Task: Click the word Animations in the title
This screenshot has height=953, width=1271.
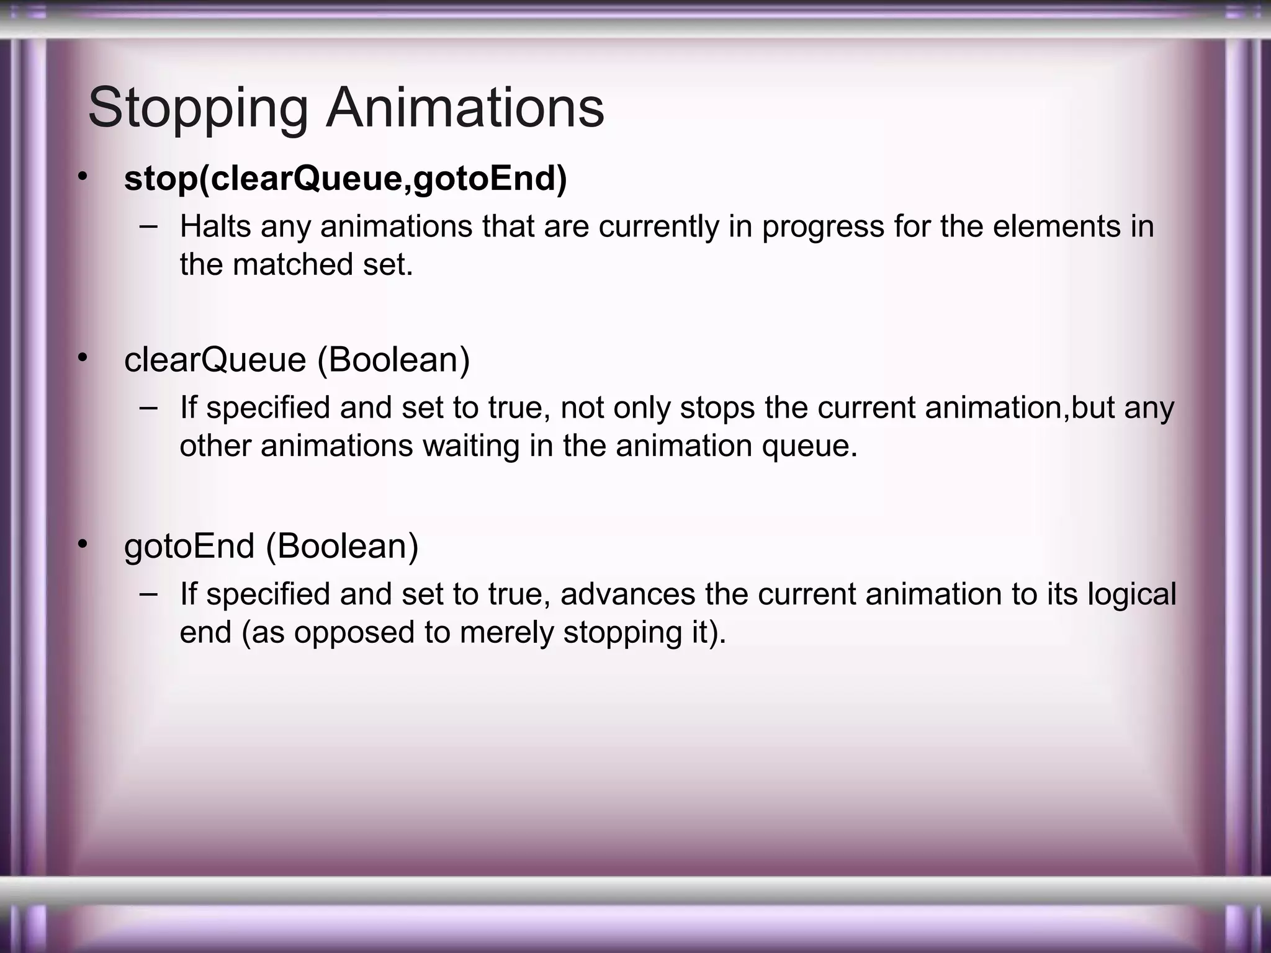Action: pos(465,108)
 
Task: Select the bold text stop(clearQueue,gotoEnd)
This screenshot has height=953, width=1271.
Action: pos(345,179)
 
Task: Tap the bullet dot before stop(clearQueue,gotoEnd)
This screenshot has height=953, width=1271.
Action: pos(83,177)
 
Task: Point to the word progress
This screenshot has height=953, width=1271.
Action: pos(823,226)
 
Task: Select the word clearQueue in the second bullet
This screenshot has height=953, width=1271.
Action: pos(215,360)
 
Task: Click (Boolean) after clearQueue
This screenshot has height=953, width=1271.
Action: pos(393,360)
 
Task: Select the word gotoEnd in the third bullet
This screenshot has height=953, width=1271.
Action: pos(189,547)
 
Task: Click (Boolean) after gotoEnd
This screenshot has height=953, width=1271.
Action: pos(342,547)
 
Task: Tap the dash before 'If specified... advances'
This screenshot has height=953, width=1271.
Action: pos(148,593)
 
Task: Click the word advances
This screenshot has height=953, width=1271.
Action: pos(627,594)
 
